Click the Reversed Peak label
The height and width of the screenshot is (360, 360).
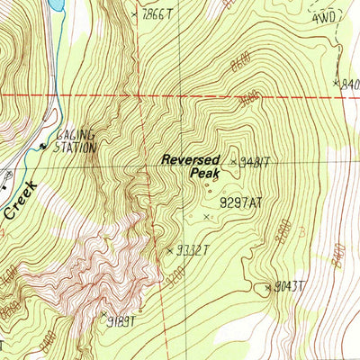[192, 166]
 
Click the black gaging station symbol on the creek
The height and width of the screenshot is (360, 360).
[40, 146]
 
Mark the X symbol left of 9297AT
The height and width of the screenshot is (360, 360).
[208, 217]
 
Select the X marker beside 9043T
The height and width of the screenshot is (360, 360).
[267, 288]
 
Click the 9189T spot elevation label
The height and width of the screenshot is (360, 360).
[123, 319]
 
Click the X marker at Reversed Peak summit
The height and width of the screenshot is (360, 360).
[234, 162]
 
